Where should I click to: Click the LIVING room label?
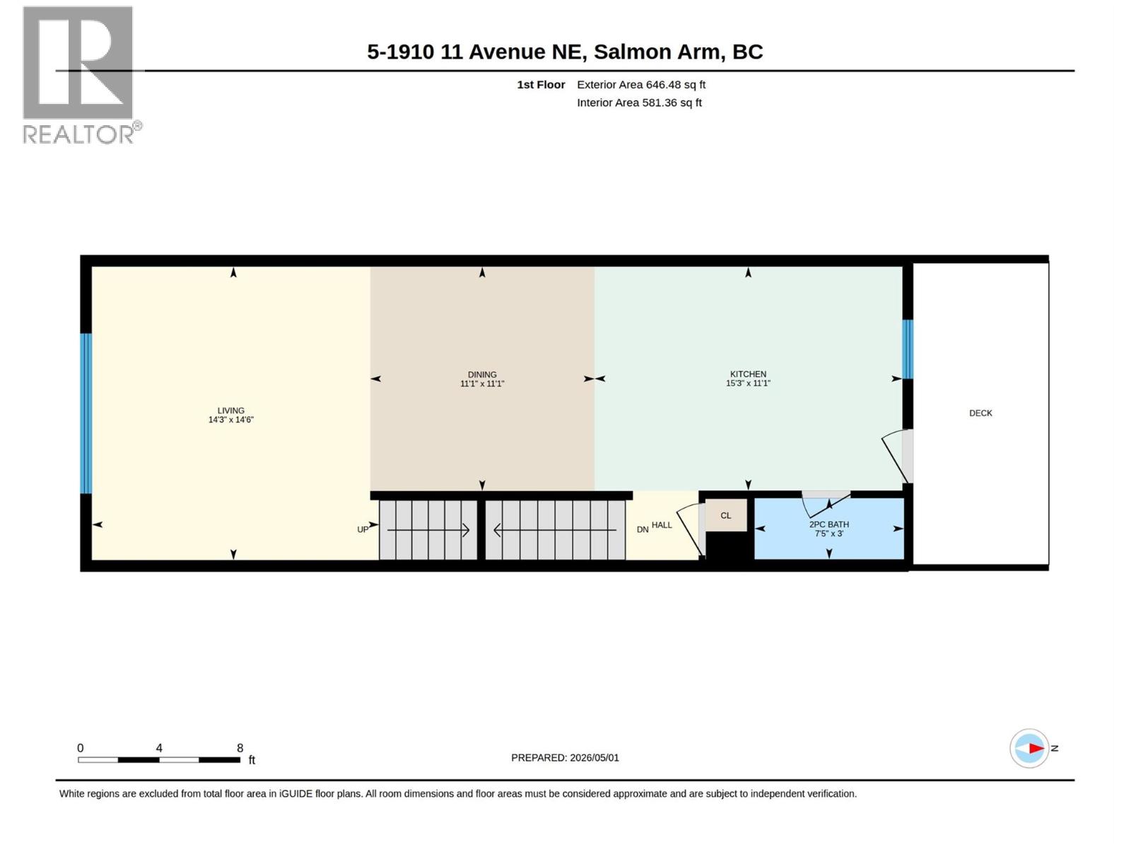pos(230,410)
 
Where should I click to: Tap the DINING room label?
pos(482,374)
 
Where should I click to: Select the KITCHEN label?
pos(748,374)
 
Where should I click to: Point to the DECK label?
pos(980,413)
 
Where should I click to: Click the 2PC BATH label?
pos(828,524)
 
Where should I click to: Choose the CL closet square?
pos(725,515)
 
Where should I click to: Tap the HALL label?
pos(662,525)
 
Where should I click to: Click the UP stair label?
pos(363,529)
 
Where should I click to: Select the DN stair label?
pos(642,529)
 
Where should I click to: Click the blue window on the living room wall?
pos(86,413)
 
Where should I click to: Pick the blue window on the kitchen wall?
pos(908,349)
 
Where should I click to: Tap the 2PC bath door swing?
pos(826,503)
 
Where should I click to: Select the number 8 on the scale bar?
pos(240,747)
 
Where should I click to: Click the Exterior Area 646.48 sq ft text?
pos(641,84)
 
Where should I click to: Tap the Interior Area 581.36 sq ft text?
pos(639,103)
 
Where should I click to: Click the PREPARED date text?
pos(565,758)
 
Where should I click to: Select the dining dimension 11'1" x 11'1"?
pos(482,383)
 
